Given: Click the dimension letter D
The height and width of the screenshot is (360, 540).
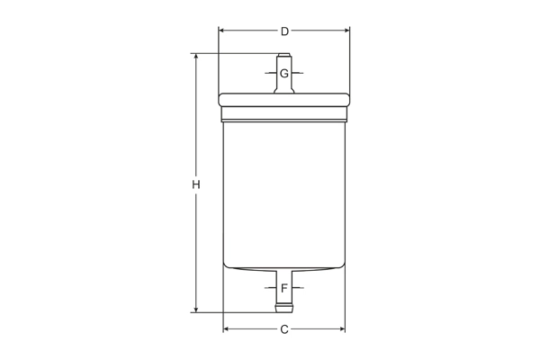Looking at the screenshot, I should click(284, 31).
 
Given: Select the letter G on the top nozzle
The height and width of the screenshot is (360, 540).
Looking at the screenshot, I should click(284, 73).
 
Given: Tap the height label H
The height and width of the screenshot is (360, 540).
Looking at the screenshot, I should click(195, 184).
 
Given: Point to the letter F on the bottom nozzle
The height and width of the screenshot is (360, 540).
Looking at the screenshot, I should click(284, 289).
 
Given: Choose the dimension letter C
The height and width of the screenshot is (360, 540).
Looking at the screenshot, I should click(284, 329).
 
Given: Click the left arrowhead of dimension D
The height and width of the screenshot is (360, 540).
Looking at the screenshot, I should click(222, 31).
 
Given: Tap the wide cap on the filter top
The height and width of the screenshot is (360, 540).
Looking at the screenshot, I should click(283, 100).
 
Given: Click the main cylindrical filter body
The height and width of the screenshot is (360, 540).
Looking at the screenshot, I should click(283, 189).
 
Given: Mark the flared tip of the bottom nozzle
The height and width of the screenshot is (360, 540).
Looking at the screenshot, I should click(284, 309).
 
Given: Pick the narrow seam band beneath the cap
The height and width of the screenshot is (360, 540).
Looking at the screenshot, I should click(283, 114).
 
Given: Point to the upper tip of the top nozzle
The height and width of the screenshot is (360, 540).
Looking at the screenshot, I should click(284, 57).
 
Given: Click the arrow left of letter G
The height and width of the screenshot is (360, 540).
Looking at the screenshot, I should click(271, 73).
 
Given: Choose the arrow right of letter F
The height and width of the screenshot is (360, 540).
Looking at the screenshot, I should click(298, 289).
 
